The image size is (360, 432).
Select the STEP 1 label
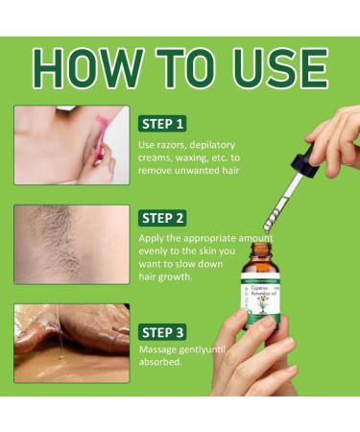tap(163, 124)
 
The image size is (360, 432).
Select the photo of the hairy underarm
tap(71, 244)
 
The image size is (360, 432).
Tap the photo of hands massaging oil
tap(71, 342)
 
